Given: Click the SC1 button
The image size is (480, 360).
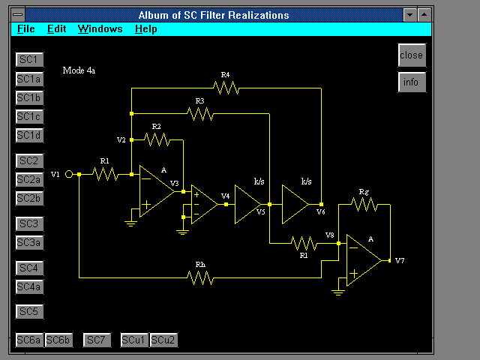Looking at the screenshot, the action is pos(29,59).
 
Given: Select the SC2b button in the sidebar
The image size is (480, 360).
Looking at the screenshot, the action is pos(29,198).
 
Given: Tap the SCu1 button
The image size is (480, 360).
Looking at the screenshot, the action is pos(133,340).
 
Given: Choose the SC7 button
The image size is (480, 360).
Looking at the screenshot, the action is pos(97,340).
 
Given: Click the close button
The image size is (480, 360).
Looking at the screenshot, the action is pos(412,55).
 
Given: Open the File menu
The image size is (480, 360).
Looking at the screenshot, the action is pos(26,28).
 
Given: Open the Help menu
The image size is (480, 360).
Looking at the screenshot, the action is pos(146,28).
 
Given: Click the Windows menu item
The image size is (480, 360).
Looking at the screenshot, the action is pos(100,28).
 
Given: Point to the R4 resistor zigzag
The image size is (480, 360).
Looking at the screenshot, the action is pos(226,88).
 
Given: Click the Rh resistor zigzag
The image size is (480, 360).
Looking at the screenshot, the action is pos(200,277).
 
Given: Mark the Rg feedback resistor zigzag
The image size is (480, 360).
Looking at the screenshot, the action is pos(364,204).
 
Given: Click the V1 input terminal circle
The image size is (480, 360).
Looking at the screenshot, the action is pos(69,174).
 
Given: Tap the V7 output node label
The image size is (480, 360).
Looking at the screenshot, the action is pos(400,260).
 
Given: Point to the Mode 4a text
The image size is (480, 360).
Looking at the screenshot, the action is pos(79,70).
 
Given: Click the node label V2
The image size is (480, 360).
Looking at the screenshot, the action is pos(121,140).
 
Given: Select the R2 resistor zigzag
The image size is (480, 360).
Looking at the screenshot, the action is pos(157,139).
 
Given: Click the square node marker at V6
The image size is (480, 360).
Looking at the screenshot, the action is pos(321,204).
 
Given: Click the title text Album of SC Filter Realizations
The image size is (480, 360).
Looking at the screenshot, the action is pos(214,15).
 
